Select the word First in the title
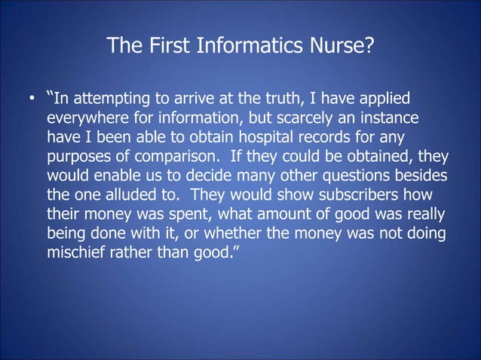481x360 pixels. pyautogui.click(x=171, y=47)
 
